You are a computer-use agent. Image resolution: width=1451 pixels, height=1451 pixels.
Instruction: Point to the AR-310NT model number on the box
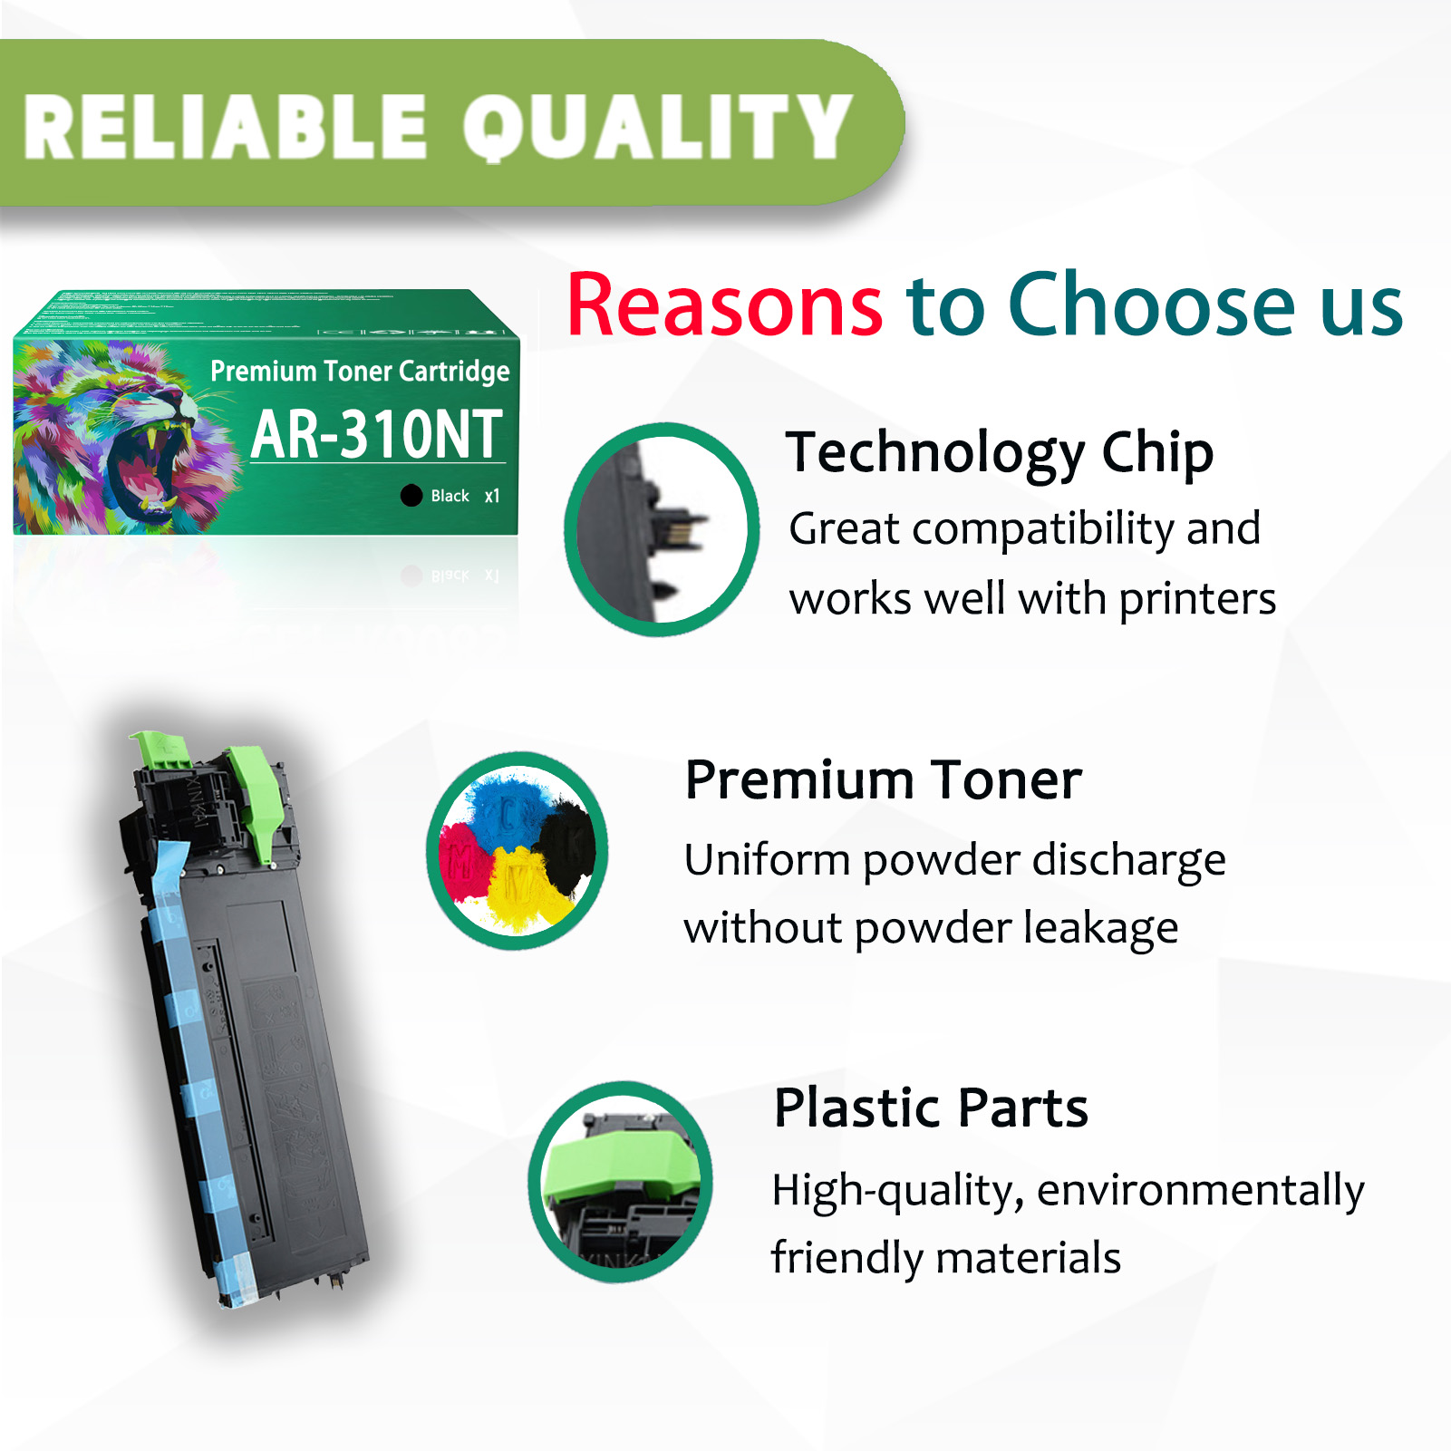(376, 435)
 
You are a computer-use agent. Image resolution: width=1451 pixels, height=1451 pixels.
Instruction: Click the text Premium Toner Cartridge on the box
(360, 371)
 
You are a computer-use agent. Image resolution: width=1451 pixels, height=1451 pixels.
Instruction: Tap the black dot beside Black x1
(411, 495)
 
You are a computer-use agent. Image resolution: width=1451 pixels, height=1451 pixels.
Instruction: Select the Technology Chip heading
(999, 452)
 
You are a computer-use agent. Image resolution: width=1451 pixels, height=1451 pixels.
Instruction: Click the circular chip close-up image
(662, 529)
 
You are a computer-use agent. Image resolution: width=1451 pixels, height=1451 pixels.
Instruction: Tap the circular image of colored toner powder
(518, 850)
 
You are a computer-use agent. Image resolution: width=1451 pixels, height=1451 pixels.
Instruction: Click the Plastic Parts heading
(931, 1108)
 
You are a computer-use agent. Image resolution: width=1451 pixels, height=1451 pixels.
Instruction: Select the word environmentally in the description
(1200, 1190)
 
